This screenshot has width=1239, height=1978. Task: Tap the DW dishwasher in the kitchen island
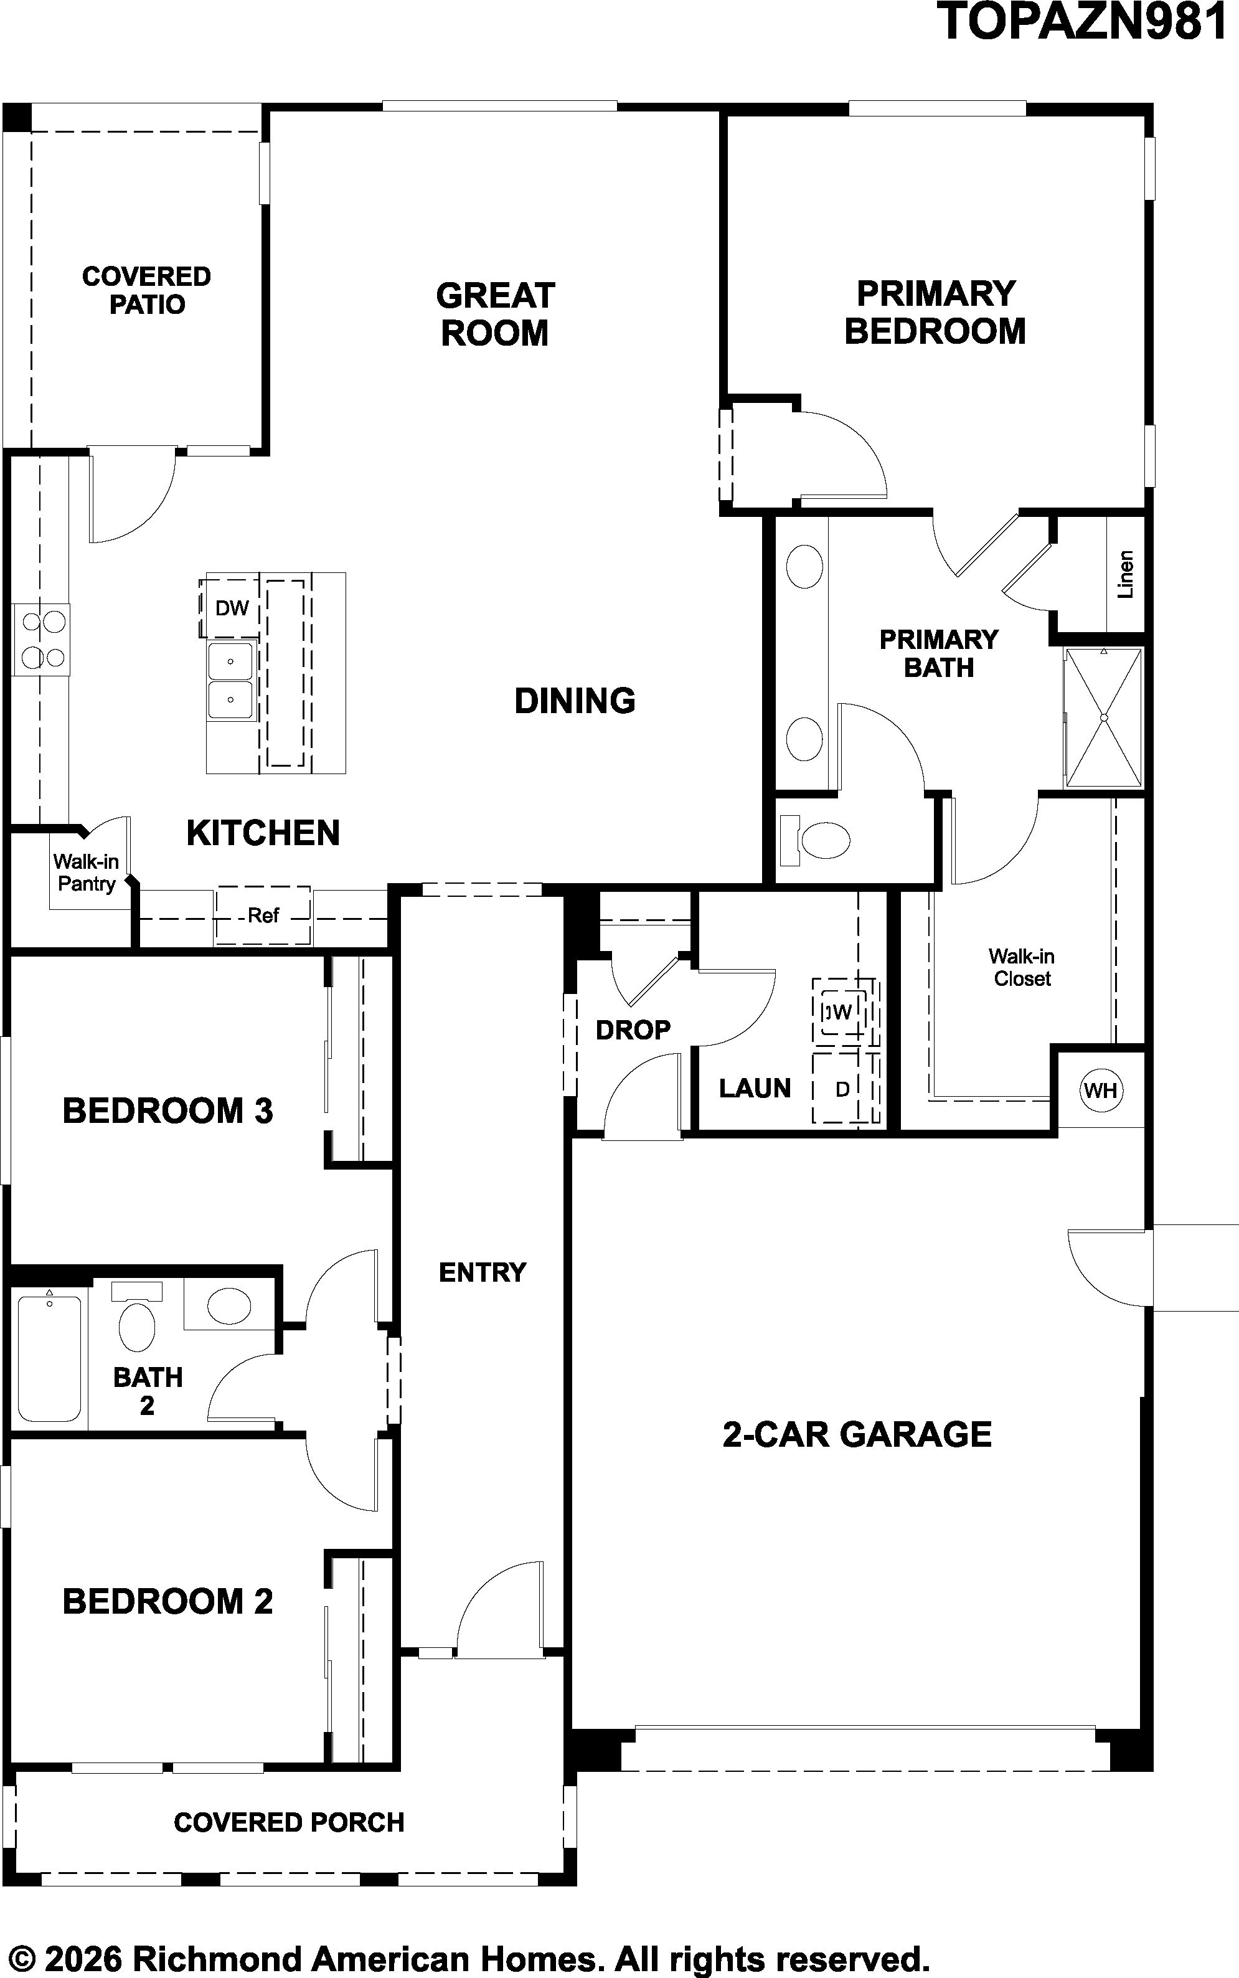tap(231, 608)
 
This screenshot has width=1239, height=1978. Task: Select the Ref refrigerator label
tap(263, 915)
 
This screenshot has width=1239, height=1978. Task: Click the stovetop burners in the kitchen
tap(42, 640)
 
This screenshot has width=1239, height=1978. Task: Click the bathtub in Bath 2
tap(49, 1356)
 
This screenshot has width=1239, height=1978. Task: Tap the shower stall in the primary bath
tap(1103, 718)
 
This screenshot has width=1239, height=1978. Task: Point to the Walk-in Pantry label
tap(86, 872)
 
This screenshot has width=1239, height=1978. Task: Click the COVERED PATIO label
tap(147, 290)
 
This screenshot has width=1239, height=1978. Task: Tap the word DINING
tap(575, 701)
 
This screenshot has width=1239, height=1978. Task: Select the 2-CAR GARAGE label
tap(857, 1434)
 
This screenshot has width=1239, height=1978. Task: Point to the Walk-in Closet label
tap(1022, 967)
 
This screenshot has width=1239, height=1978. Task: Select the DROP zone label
tap(633, 1029)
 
